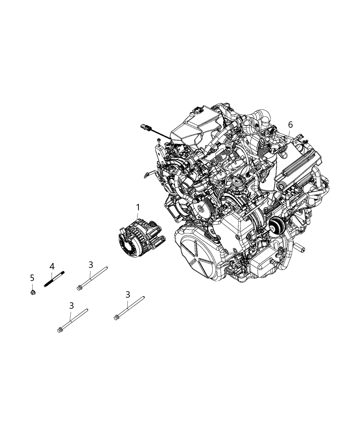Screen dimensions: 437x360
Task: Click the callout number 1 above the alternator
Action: point(138,207)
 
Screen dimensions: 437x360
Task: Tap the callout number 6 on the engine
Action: point(290,124)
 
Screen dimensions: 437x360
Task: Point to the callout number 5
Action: point(32,277)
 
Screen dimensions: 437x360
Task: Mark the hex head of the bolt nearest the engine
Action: point(116,318)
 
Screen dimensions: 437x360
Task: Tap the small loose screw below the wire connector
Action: point(159,141)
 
